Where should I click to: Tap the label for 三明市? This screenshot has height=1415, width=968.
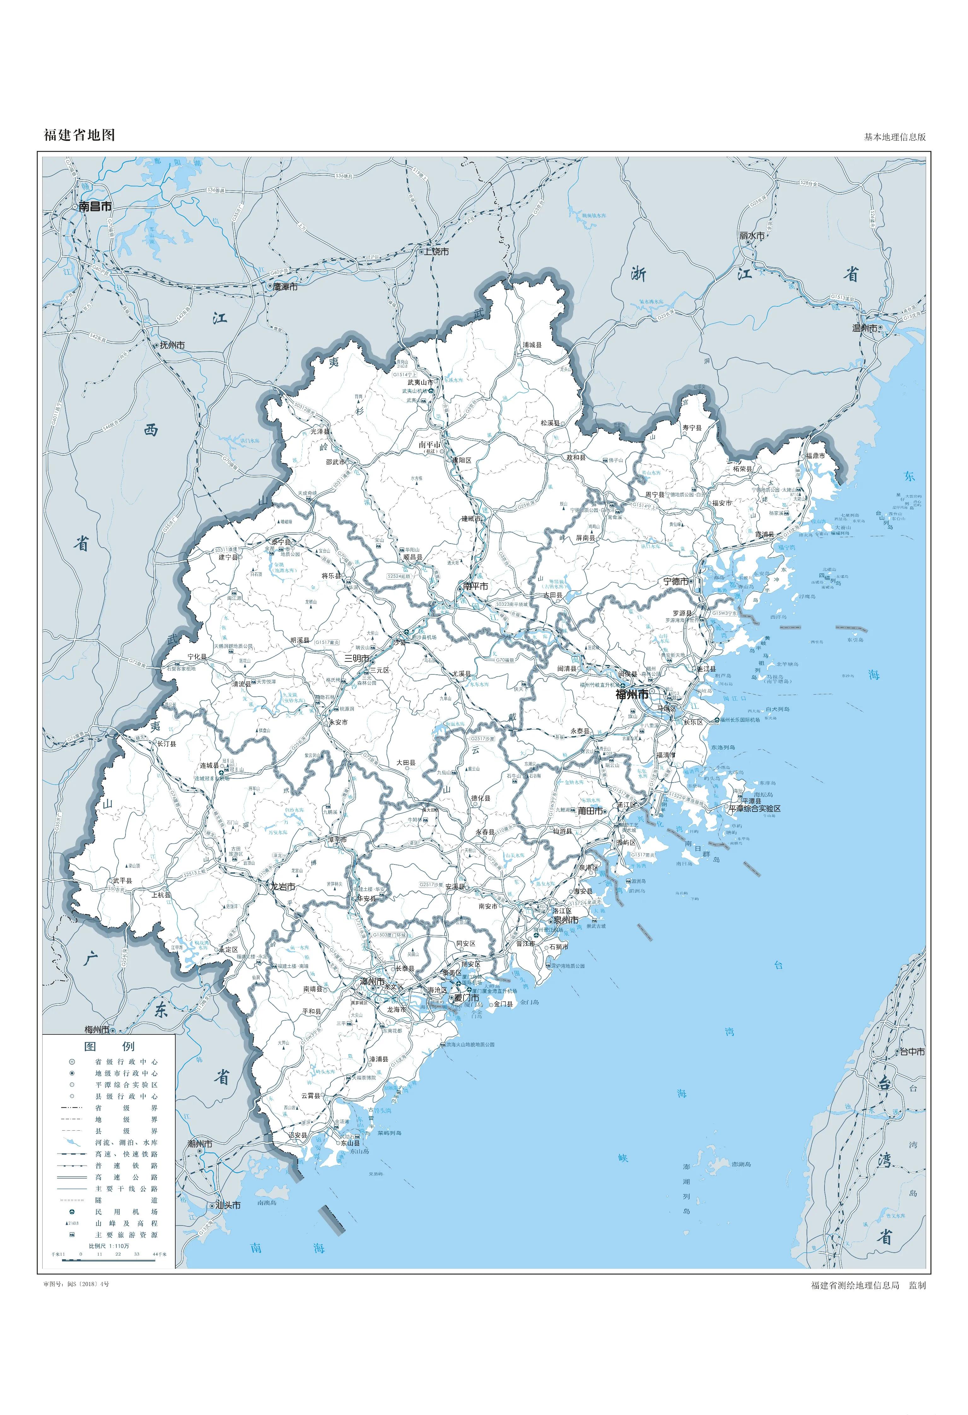click(357, 659)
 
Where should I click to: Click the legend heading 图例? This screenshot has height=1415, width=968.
click(110, 1046)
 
